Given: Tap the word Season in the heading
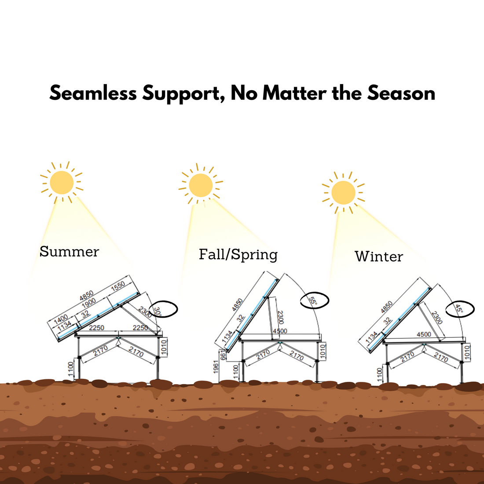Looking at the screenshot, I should [401, 94].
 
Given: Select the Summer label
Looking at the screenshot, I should [69, 252].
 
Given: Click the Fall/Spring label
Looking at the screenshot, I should [238, 254].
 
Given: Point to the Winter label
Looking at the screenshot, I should [378, 256].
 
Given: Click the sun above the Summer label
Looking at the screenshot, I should [62, 183].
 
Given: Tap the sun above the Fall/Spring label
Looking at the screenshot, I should [201, 185].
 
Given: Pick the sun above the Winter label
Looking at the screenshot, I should [343, 192].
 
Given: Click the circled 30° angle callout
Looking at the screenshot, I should [164, 310].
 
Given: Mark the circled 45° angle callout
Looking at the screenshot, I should [460, 309].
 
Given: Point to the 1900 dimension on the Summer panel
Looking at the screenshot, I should [88, 304].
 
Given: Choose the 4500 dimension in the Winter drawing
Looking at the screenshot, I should [424, 334].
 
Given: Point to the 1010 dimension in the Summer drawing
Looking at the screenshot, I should [164, 348].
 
